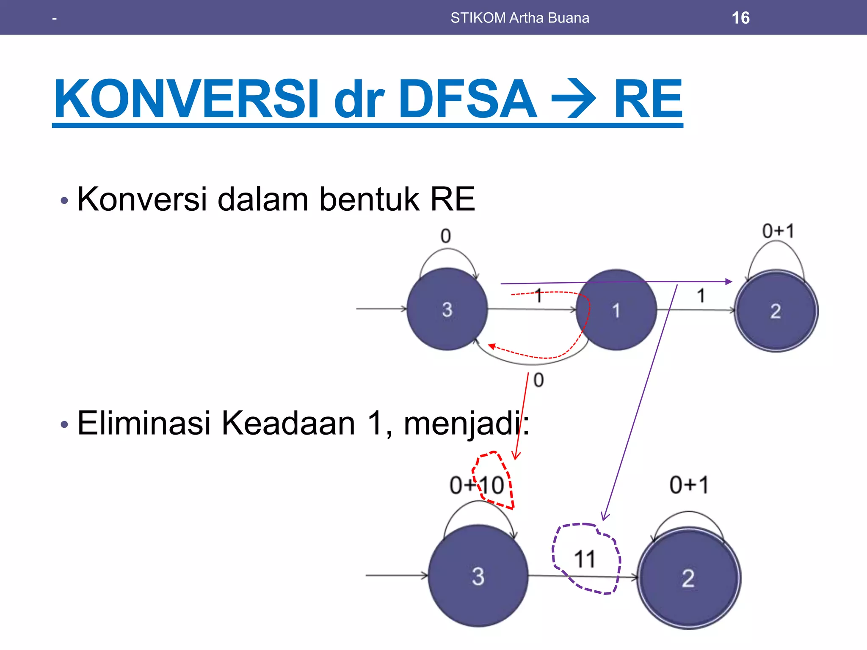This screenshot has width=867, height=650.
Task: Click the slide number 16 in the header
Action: coord(740,18)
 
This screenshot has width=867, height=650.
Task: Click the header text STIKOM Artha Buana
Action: coord(519,18)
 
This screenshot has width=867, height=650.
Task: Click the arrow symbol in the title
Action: coord(574,100)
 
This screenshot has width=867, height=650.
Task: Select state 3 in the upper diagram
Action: coord(447,309)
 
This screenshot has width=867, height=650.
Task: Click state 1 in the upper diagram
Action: coord(616,310)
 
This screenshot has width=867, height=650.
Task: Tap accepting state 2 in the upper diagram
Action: coord(776,311)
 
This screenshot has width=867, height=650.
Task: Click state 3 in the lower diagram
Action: coord(478,576)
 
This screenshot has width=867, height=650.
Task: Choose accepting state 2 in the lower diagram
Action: coord(688,578)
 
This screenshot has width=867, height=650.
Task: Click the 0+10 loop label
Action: coord(477,485)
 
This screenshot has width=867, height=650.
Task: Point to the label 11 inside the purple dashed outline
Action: coord(585,559)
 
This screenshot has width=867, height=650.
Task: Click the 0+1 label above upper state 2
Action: coord(778,231)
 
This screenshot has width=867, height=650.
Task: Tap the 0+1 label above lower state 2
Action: coord(689,485)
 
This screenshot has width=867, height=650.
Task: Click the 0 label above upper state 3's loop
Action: coord(446,236)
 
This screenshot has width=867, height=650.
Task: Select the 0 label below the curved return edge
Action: coord(538,380)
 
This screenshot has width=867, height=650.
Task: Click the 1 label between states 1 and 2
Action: coord(701,295)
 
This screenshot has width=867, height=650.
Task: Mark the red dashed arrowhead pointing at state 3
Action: coord(491,346)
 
